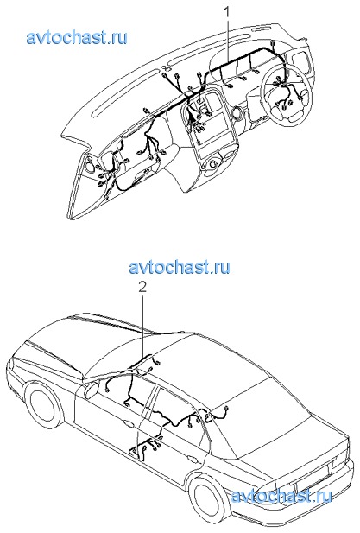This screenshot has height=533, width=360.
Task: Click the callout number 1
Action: [226, 12]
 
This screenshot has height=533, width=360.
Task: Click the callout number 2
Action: [142, 288]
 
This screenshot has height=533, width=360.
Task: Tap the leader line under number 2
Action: [143, 326]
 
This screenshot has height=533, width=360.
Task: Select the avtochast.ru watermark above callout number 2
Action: [180, 267]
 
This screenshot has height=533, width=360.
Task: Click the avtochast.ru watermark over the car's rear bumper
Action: [281, 497]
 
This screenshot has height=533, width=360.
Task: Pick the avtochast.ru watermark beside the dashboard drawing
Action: [77, 37]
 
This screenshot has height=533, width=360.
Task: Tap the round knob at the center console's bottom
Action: [213, 164]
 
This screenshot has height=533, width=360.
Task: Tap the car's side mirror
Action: [91, 390]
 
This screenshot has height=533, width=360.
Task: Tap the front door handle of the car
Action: [129, 424]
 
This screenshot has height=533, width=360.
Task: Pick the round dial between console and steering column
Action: [237, 113]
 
